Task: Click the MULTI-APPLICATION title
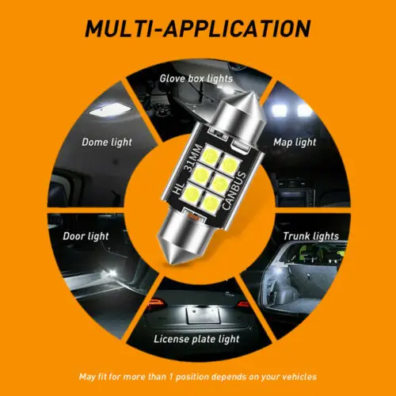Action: [x=197, y=29]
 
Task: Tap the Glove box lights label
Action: [x=196, y=78]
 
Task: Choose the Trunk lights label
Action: [x=310, y=236]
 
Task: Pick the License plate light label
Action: [x=199, y=338]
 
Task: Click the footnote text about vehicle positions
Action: [x=197, y=376]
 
